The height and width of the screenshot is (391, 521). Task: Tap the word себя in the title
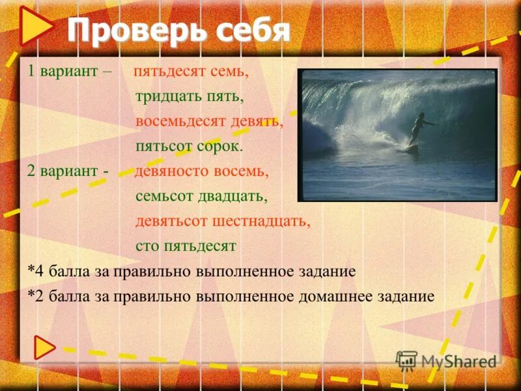[x=250, y=30]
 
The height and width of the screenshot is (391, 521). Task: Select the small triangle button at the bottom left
[x=45, y=347]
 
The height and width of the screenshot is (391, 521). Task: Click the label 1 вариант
[x=63, y=72]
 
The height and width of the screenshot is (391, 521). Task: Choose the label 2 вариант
[x=63, y=171]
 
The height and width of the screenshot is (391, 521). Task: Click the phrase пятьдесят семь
[x=191, y=72]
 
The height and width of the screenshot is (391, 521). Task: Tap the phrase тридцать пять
[x=190, y=96]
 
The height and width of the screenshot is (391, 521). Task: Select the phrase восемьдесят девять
[x=209, y=121]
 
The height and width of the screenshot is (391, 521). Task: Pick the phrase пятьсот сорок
[x=189, y=146]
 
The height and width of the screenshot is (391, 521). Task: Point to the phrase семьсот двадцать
[x=202, y=195]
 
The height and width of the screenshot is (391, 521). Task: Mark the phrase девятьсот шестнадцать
[x=223, y=220]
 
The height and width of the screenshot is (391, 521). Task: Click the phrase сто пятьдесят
[x=186, y=246]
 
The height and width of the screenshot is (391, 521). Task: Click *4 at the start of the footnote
[x=35, y=271]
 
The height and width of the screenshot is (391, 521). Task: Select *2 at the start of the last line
[x=35, y=297]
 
